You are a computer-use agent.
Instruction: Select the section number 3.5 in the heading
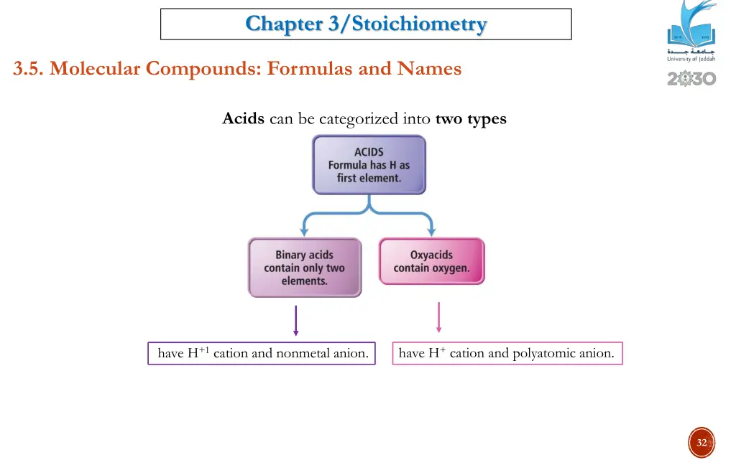pyautogui.click(x=28, y=69)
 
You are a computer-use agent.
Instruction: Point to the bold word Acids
pyautogui.click(x=244, y=118)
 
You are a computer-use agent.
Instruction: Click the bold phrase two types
pyautogui.click(x=471, y=118)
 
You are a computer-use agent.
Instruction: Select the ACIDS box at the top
pyautogui.click(x=369, y=164)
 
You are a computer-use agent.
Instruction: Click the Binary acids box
pyautogui.click(x=304, y=268)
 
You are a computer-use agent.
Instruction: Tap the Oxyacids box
pyautogui.click(x=431, y=261)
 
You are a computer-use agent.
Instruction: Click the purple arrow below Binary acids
pyautogui.click(x=295, y=320)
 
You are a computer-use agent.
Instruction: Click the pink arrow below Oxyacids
pyautogui.click(x=438, y=317)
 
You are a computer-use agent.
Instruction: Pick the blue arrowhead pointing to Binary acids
pyautogui.click(x=304, y=232)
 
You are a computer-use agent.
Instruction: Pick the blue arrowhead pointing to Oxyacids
pyautogui.click(x=431, y=232)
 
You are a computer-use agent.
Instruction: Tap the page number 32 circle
pyautogui.click(x=701, y=443)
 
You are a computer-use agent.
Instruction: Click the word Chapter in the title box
pyautogui.click(x=284, y=24)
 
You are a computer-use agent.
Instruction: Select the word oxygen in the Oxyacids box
pyautogui.click(x=451, y=268)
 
